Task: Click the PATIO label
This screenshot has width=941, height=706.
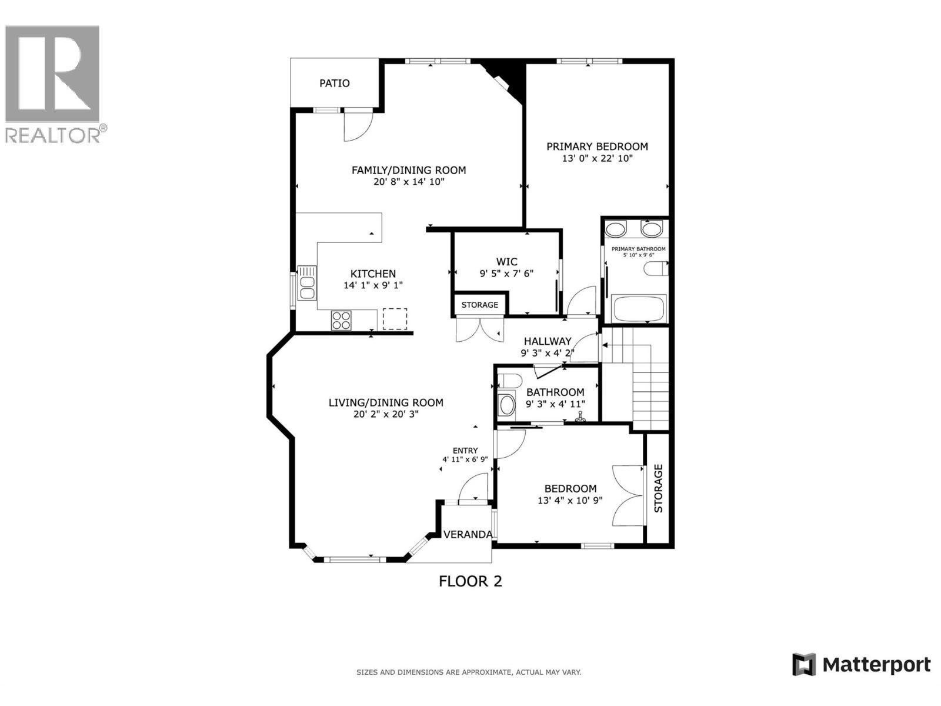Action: coord(334,83)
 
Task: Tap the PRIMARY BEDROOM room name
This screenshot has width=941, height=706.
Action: coord(597,146)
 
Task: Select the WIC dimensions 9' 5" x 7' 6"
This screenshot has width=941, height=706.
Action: coord(506,274)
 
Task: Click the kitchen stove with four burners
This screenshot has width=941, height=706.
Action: coord(341,321)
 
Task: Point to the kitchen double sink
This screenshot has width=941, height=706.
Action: coord(306,283)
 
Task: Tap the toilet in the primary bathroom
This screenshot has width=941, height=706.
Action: coord(656,269)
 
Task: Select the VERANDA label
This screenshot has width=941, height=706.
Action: coord(468,535)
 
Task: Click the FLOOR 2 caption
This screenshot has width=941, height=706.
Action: coord(470,581)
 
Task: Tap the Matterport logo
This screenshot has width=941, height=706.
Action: coord(862,665)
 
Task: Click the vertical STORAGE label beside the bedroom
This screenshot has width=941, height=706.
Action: coord(658,488)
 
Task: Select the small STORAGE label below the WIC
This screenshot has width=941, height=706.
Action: coord(479,305)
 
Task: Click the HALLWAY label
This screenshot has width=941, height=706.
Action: coord(547,341)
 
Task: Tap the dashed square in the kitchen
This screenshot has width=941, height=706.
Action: coord(395,319)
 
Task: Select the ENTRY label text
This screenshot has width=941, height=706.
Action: coord(465,451)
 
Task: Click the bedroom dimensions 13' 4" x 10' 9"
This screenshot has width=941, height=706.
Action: coord(569,501)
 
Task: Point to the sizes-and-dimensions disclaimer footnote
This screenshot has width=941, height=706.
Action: coord(469,672)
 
